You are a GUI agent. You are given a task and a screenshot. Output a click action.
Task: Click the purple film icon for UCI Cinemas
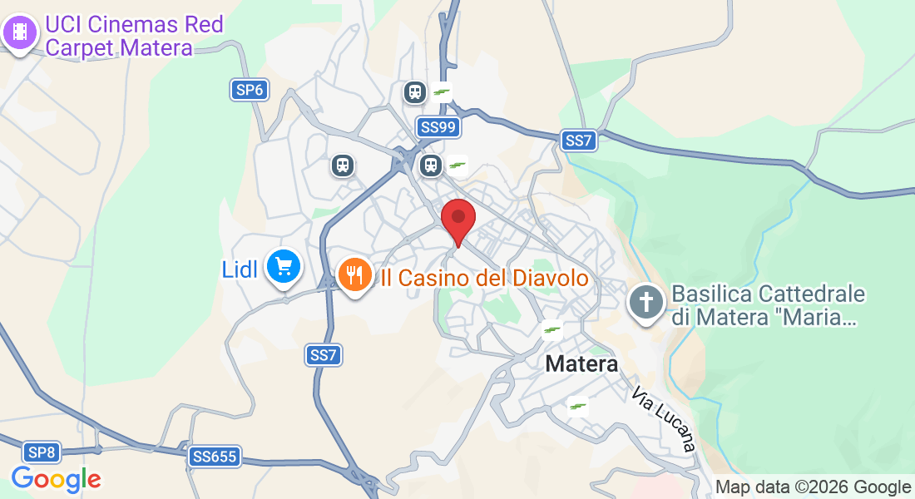[20, 33]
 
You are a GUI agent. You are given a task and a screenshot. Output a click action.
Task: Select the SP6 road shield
[249, 90]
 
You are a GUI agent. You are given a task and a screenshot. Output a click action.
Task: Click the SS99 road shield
[438, 127]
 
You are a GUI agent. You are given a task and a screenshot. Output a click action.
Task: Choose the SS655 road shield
[215, 456]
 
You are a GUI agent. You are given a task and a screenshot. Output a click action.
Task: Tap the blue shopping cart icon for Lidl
[283, 267]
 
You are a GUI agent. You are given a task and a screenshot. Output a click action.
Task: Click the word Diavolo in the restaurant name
[549, 278]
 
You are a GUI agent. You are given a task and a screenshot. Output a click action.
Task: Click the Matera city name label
[581, 364]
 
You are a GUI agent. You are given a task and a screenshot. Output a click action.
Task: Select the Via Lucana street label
[663, 419]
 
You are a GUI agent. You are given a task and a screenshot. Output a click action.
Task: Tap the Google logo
[57, 479]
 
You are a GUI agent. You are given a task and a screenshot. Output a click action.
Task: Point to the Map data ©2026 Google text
[813, 487]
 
